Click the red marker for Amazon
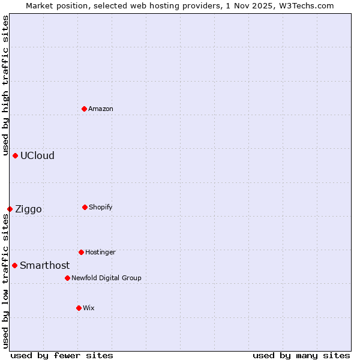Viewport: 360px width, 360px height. tap(84, 109)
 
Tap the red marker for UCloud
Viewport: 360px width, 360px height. tap(15, 155)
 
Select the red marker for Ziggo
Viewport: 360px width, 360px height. tap(10, 209)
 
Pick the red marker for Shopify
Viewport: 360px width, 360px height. tap(85, 207)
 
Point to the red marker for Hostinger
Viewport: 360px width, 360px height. tap(81, 252)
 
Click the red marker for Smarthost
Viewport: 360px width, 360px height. tap(14, 265)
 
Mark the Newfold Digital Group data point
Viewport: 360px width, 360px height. tap(67, 278)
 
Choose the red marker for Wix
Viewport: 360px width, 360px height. tap(79, 308)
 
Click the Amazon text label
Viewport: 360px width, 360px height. tap(101, 109)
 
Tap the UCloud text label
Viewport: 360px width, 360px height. tap(37, 156)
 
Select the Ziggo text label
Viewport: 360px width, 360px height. tap(28, 209)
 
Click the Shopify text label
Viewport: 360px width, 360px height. tap(101, 208)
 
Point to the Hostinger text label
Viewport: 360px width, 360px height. tap(100, 253)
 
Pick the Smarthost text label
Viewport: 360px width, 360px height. tap(44, 266)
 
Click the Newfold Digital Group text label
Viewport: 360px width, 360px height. tap(106, 278)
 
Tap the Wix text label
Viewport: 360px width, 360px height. tap(89, 308)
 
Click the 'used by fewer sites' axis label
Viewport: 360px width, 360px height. tap(62, 355)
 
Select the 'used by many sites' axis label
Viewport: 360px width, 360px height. tap(301, 355)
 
